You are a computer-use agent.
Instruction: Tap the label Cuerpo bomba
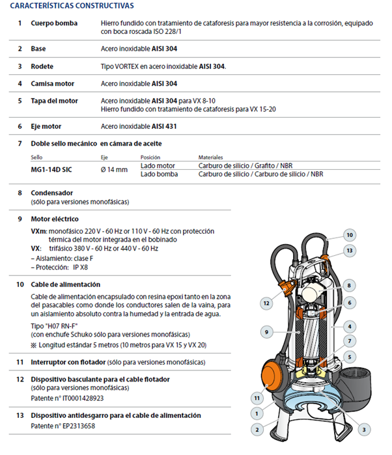coord(54,23)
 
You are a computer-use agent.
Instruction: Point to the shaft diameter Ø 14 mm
coord(114,169)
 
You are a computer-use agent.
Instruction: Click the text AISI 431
coord(164,126)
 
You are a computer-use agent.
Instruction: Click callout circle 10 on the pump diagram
coord(350,235)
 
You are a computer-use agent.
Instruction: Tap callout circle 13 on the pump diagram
coord(350,250)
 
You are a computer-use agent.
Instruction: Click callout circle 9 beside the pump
coord(266,332)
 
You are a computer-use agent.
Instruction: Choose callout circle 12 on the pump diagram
coord(266,303)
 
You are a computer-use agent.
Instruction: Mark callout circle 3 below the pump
coord(363,429)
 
